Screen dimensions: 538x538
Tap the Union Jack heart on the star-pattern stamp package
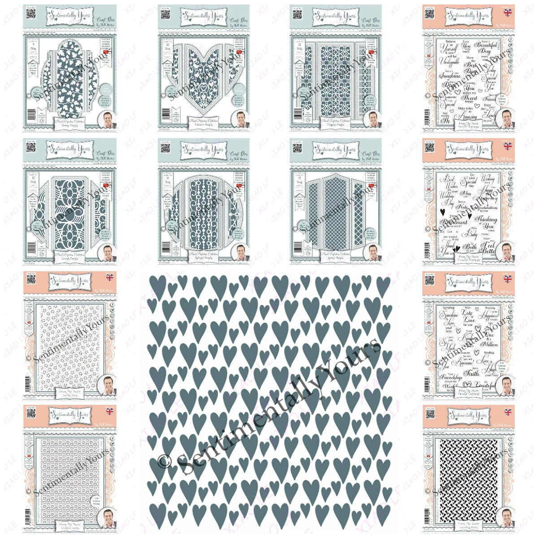point(109,278)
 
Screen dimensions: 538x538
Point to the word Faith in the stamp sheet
point(471,373)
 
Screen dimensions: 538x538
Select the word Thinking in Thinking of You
point(486,219)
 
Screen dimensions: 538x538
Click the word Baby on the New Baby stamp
point(471,233)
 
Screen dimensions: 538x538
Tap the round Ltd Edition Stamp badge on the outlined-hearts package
point(96,501)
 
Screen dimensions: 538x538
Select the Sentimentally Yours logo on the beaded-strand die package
point(203,149)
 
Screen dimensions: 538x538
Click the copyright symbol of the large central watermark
point(164,462)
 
